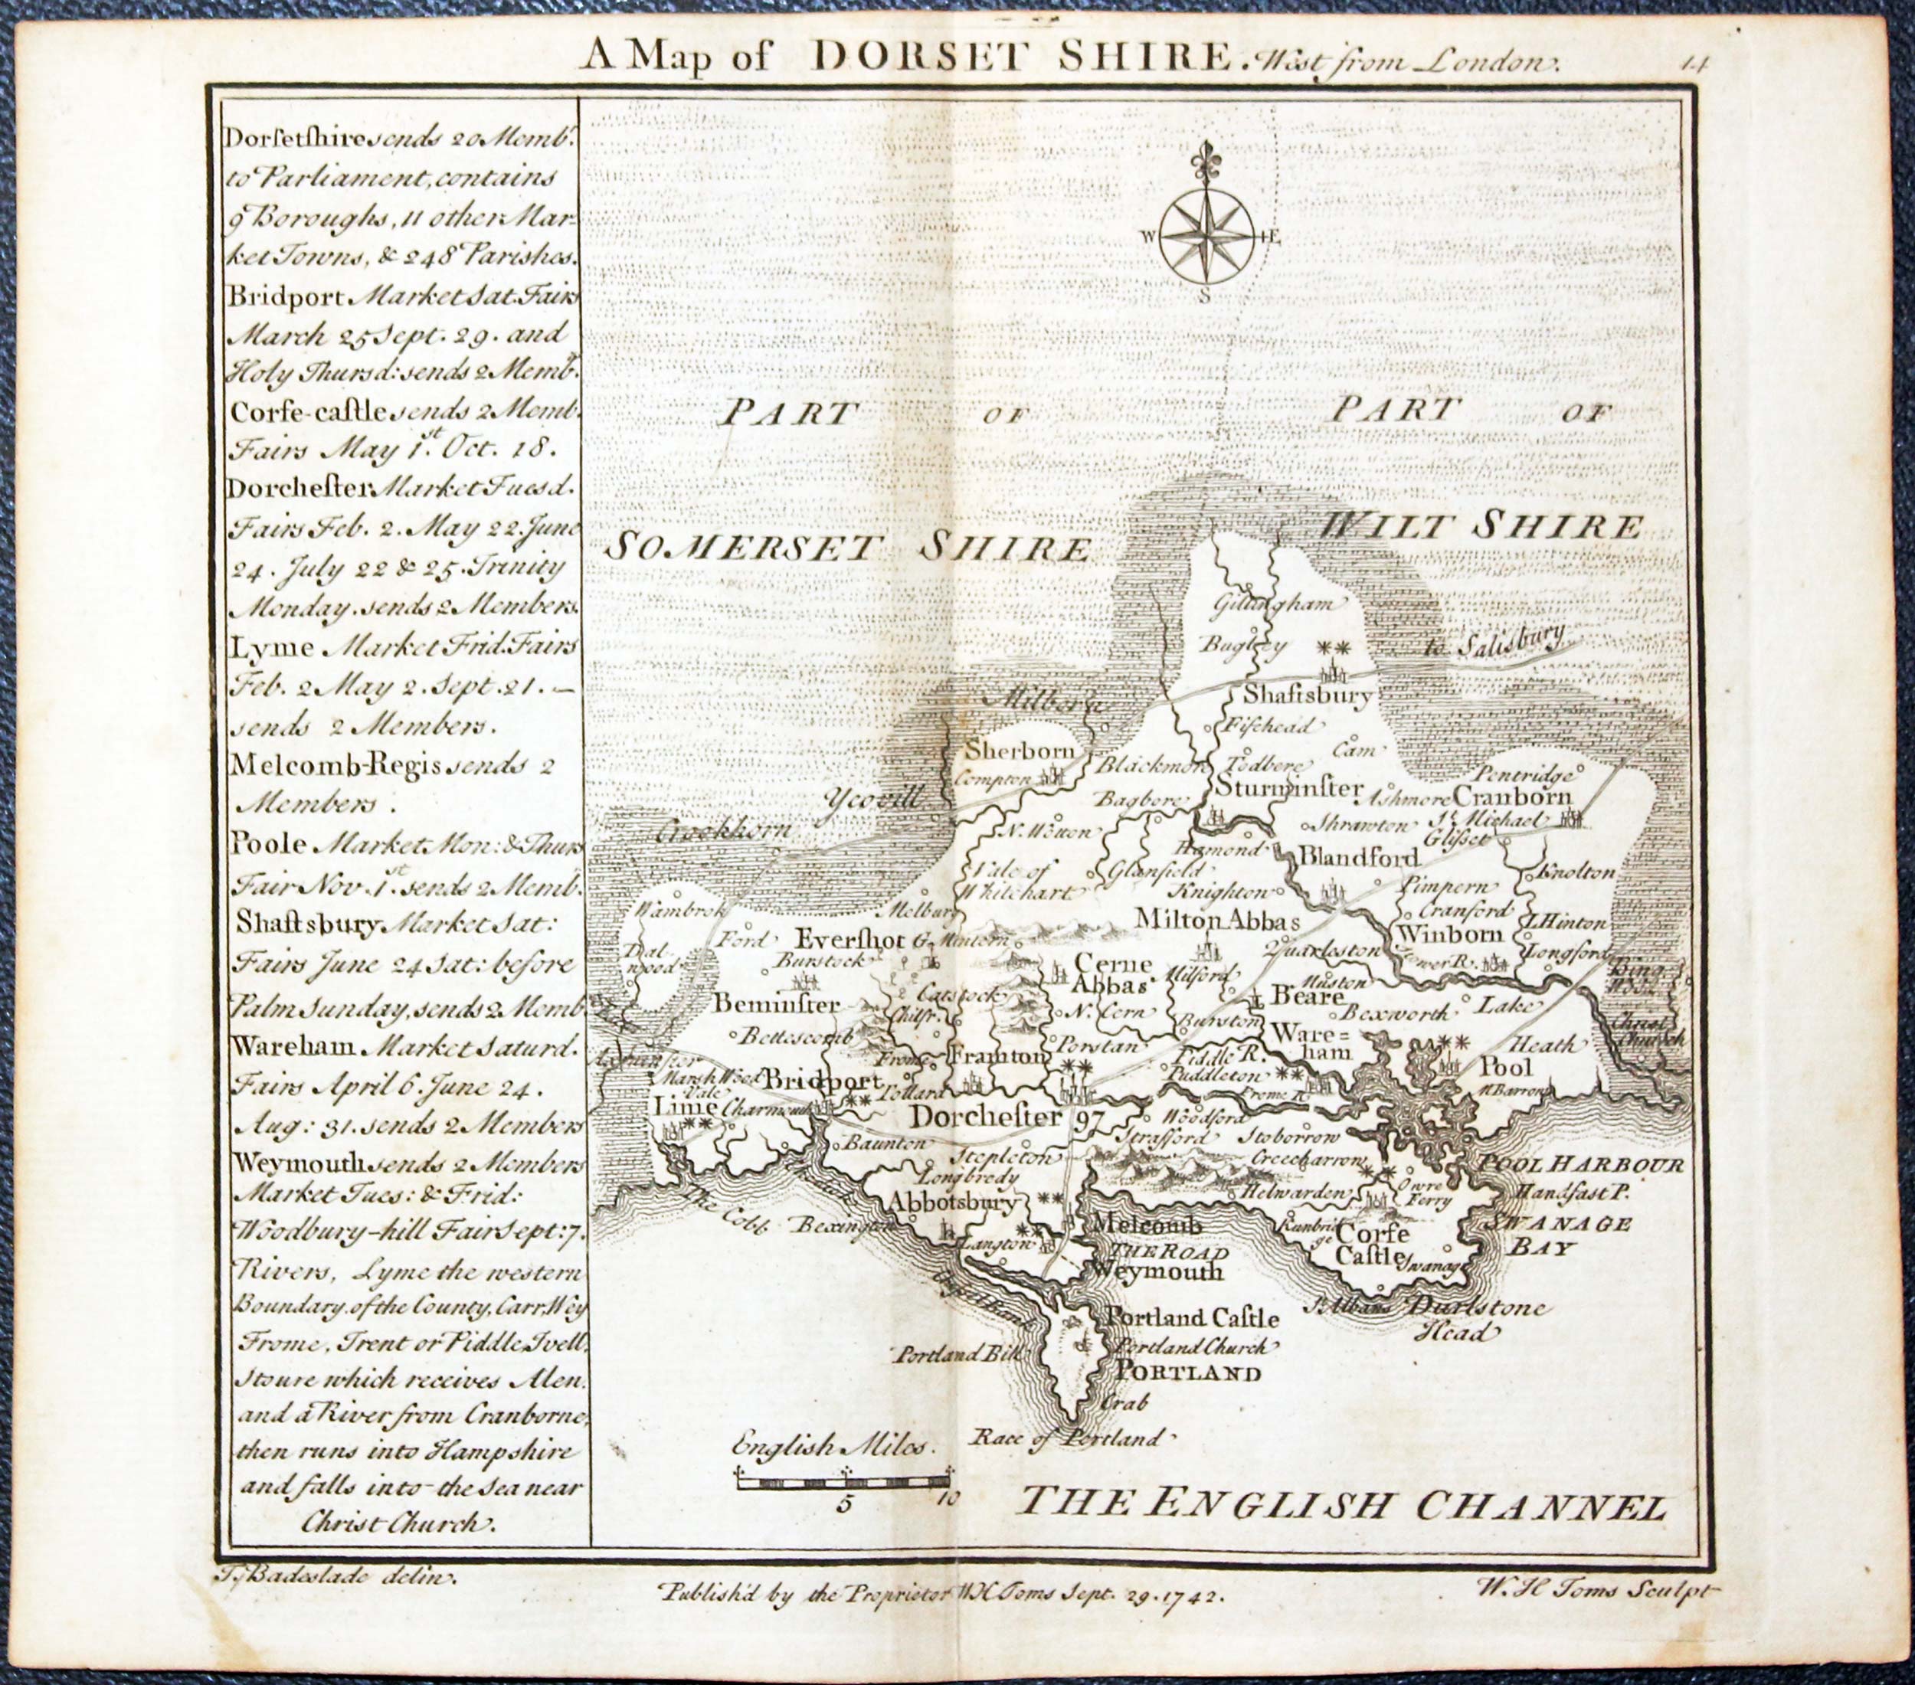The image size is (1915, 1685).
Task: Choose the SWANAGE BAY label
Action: click(1557, 1236)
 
